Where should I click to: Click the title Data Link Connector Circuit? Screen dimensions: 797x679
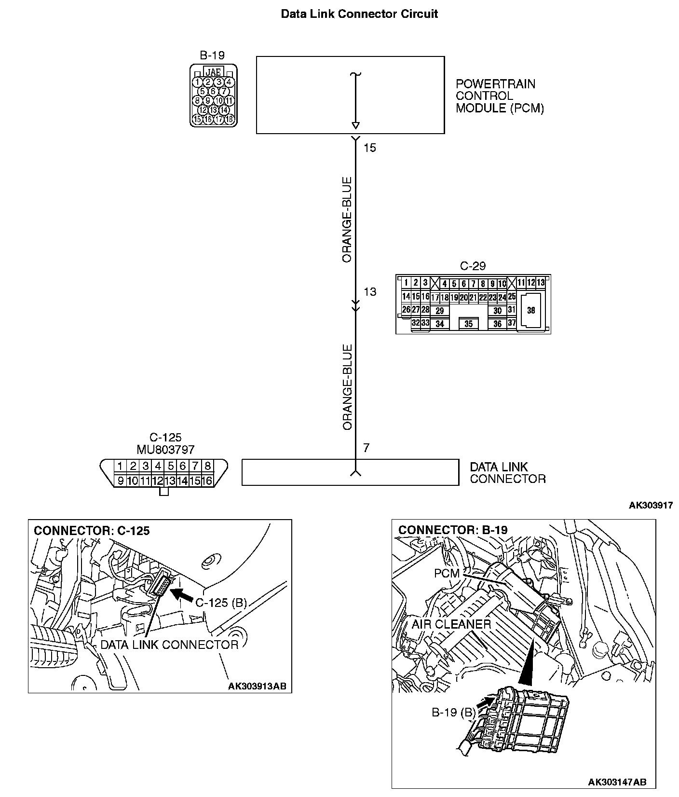(359, 14)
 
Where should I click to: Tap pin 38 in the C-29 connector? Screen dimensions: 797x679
(531, 310)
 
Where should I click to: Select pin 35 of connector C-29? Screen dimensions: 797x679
(468, 324)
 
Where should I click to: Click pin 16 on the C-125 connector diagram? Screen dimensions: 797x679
(207, 481)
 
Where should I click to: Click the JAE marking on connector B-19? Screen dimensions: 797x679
(213, 72)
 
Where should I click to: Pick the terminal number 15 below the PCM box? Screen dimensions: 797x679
(369, 148)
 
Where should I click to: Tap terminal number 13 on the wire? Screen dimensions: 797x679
(370, 292)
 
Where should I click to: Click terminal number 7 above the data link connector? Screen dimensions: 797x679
(366, 448)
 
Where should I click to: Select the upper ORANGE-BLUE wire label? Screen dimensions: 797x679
(347, 220)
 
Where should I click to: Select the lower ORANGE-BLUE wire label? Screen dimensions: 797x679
(347, 387)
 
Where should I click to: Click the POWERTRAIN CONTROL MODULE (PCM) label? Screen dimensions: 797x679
(499, 96)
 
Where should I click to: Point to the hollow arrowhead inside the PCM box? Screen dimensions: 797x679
(355, 126)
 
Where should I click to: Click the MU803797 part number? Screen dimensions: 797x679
(165, 450)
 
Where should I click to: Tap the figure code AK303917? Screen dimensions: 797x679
(651, 505)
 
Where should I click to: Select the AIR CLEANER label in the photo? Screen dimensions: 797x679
(451, 624)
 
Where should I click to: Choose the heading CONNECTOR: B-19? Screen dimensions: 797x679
(453, 530)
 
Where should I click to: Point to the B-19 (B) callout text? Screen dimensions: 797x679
(453, 713)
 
